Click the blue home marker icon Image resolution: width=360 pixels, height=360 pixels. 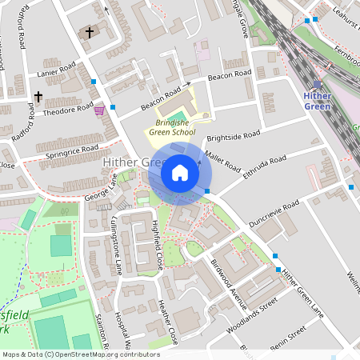(180, 172)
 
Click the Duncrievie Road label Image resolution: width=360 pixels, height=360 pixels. (274, 214)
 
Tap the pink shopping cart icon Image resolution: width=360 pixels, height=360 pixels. (99, 110)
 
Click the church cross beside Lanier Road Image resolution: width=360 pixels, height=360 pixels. (38, 97)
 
